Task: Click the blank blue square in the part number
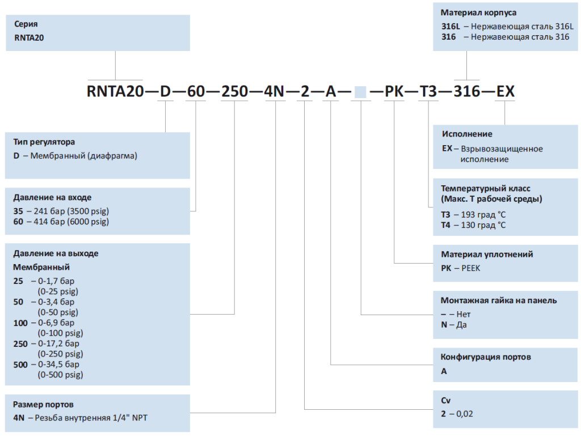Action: [x=360, y=92]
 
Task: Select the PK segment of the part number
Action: [x=394, y=91]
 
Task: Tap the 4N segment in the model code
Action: [x=274, y=91]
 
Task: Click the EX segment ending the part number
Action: [x=506, y=91]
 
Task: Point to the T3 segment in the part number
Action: [x=428, y=91]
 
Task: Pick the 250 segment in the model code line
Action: [x=234, y=91]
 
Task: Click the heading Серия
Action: [x=26, y=24]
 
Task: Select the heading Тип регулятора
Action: [x=44, y=142]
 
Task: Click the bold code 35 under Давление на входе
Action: [x=18, y=211]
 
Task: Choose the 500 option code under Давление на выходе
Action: [x=20, y=364]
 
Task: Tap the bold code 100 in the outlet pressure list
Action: [x=20, y=323]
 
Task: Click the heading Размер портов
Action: [x=43, y=405]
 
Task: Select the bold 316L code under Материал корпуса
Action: [x=450, y=26]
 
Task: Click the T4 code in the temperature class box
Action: [x=445, y=225]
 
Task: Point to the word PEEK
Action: [x=470, y=268]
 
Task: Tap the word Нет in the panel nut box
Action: [x=463, y=314]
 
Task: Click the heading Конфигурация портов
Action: [x=486, y=357]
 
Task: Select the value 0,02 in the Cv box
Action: [x=465, y=414]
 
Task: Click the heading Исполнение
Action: [x=467, y=134]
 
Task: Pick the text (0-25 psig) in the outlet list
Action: [x=58, y=291]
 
